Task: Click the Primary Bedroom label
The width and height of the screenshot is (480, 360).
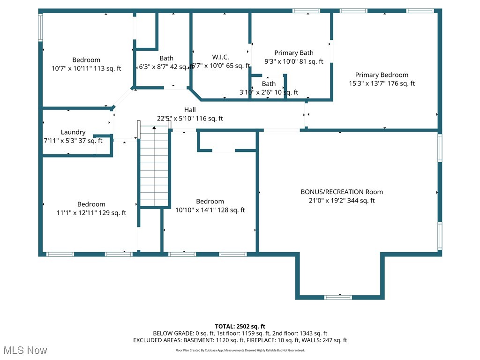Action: point(382,75)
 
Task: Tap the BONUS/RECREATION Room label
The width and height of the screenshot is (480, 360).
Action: point(341,192)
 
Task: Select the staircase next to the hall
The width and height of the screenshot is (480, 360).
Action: point(154,166)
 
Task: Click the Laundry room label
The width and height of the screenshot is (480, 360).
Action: point(73,132)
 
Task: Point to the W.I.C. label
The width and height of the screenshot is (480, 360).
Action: point(220,57)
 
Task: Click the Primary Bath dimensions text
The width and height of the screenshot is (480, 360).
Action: point(294,61)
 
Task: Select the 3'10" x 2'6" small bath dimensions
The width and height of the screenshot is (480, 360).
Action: point(269,92)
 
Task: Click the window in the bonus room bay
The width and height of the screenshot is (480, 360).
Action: point(338,297)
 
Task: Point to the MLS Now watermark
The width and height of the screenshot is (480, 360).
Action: point(25,350)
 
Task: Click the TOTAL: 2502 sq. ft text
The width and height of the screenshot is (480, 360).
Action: point(240,326)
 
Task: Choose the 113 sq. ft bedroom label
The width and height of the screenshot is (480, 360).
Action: point(86,60)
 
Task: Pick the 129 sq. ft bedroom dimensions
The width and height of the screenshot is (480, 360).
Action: point(91,213)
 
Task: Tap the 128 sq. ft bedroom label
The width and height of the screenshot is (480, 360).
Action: point(210,202)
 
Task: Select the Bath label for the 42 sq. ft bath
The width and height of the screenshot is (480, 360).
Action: point(166,59)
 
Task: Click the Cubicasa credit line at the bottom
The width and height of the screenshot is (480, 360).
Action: point(240,350)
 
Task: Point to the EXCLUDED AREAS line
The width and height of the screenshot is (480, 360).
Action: point(240,340)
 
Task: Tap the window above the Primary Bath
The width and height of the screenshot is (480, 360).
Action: point(307,11)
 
